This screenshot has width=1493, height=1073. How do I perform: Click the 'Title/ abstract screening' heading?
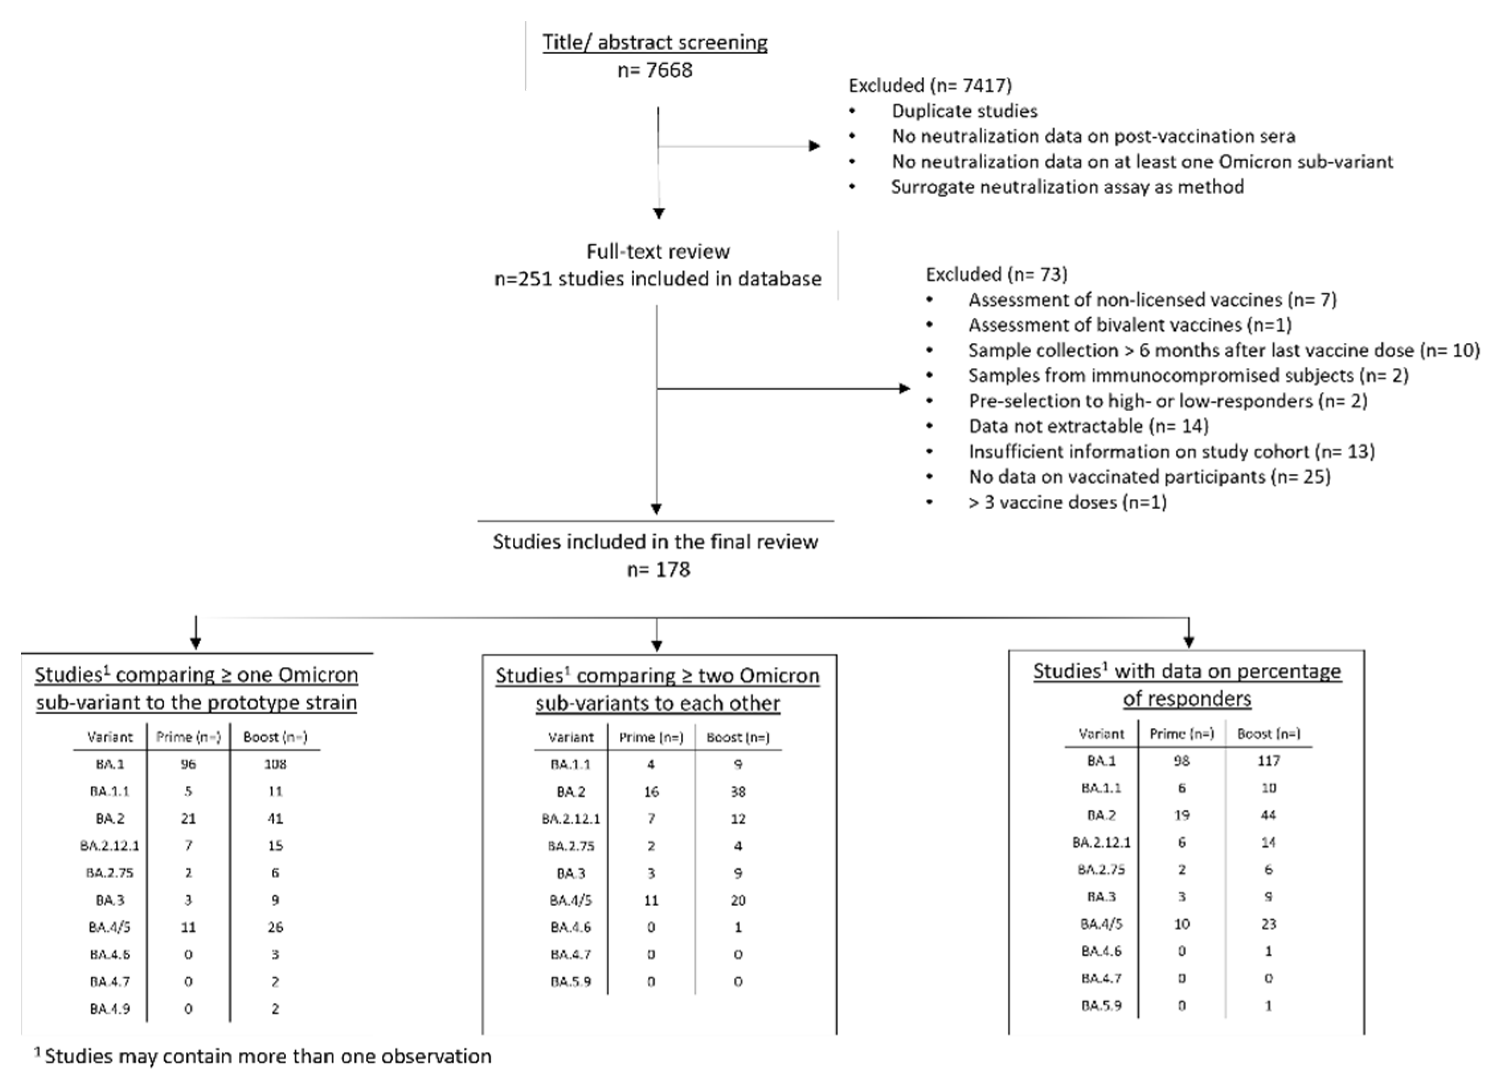(x=655, y=42)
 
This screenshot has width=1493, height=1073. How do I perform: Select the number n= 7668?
(x=655, y=70)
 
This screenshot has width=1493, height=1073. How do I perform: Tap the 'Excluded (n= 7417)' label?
(x=929, y=86)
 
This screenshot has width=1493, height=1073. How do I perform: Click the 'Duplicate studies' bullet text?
(x=964, y=111)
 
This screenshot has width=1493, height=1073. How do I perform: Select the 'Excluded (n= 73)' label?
(x=996, y=274)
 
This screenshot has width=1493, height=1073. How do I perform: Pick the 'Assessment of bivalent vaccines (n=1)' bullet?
(x=1129, y=325)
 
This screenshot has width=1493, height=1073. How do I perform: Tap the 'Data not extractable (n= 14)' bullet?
(x=1088, y=426)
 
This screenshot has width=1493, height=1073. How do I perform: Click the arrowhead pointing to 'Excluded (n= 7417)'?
(x=815, y=146)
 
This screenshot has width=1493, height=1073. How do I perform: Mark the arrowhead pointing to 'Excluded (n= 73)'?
(x=904, y=388)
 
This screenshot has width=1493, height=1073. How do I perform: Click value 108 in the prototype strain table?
(x=275, y=764)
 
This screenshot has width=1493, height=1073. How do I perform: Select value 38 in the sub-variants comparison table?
(x=738, y=792)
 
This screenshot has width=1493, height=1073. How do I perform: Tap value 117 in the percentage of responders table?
(x=1268, y=761)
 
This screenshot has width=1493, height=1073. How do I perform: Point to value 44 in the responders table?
(x=1268, y=816)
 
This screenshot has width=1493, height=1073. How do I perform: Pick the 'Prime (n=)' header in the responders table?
(x=1182, y=734)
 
